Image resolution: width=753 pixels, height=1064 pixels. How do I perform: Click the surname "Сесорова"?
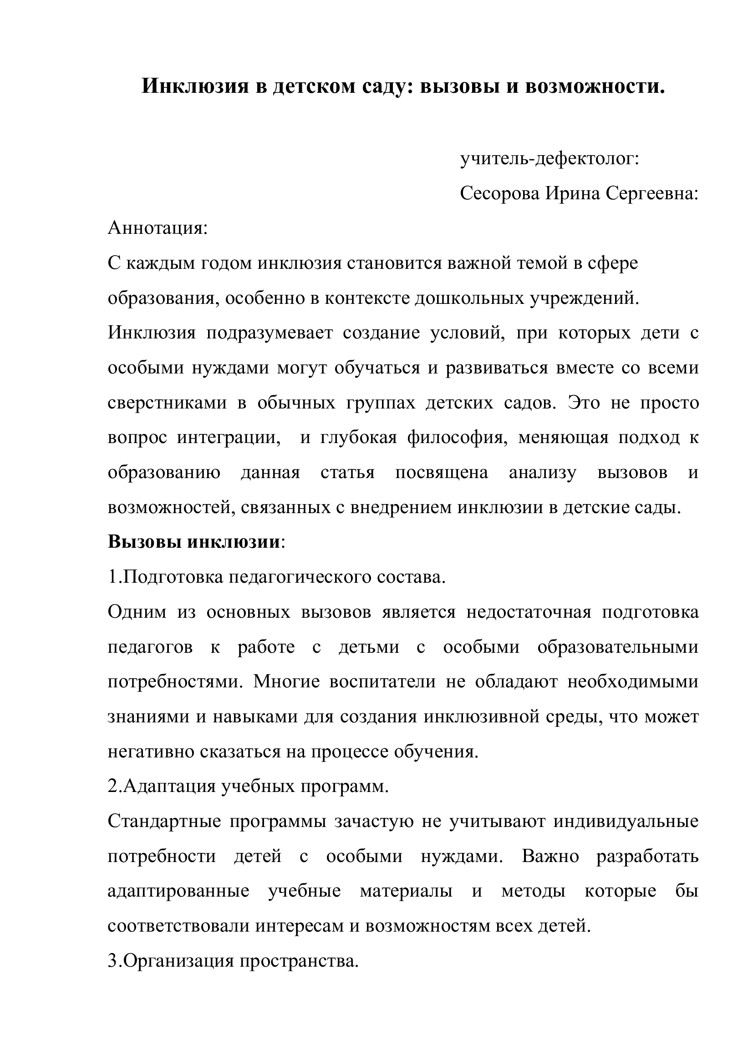coord(500,193)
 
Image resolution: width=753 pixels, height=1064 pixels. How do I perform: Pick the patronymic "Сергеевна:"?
coord(652,193)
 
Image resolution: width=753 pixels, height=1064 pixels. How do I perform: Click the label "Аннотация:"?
coord(158,228)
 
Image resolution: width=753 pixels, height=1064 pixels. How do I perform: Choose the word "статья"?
coord(347,473)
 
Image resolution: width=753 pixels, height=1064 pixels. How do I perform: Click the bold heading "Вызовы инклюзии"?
coord(194,542)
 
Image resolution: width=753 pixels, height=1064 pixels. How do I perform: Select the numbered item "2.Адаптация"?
coord(162,787)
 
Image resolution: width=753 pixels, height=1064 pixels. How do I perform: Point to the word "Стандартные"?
coord(164,822)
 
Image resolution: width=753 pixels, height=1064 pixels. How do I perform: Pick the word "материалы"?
coord(406,892)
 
